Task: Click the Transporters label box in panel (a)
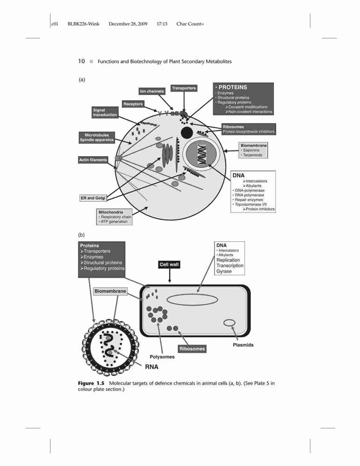pyautogui.click(x=184, y=88)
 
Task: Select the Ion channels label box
pyautogui.click(x=152, y=91)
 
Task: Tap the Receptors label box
pyautogui.click(x=133, y=104)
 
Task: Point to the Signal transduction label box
pyautogui.click(x=105, y=112)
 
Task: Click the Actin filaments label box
pyautogui.click(x=93, y=160)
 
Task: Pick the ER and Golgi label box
pyautogui.click(x=93, y=198)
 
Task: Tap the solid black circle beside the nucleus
pyautogui.click(x=187, y=132)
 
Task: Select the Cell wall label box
pyautogui.click(x=169, y=265)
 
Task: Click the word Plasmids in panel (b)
pyautogui.click(x=243, y=345)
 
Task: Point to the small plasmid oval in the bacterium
pyautogui.click(x=229, y=323)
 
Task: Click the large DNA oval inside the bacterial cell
pyautogui.click(x=192, y=300)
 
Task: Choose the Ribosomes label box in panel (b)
pyautogui.click(x=192, y=349)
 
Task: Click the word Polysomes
pyautogui.click(x=162, y=357)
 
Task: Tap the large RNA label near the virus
pyautogui.click(x=152, y=367)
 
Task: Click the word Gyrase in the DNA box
pyautogui.click(x=224, y=271)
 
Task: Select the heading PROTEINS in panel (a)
pyautogui.click(x=233, y=88)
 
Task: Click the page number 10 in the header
pyautogui.click(x=82, y=61)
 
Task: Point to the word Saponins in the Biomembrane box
pyautogui.click(x=251, y=151)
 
